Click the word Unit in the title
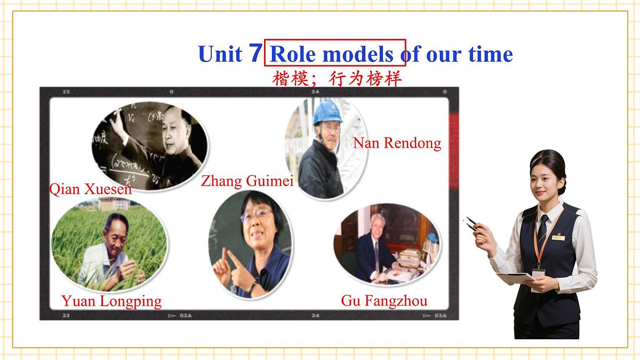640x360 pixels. click(x=219, y=54)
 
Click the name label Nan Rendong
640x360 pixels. click(x=397, y=143)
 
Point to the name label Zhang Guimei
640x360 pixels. click(x=247, y=181)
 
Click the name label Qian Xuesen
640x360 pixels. click(x=90, y=189)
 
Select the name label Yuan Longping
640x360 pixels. click(x=111, y=301)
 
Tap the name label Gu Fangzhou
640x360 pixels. click(x=384, y=301)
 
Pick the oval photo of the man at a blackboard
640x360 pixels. click(x=150, y=144)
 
